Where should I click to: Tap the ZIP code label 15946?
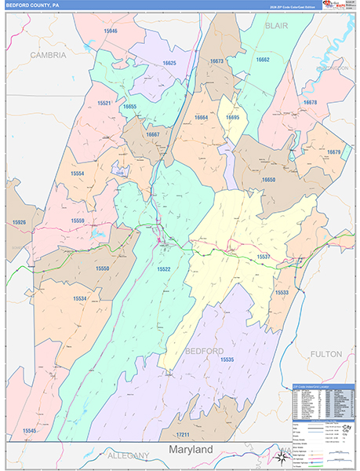pyautogui.click(x=109, y=31)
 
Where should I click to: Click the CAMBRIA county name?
pyautogui.click(x=49, y=56)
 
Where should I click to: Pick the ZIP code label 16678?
pyautogui.click(x=309, y=103)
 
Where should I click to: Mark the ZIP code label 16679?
pyautogui.click(x=334, y=152)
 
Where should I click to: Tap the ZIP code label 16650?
pyautogui.click(x=269, y=180)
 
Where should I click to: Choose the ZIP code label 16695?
pyautogui.click(x=233, y=117)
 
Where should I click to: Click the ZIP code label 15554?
pyautogui.click(x=77, y=173)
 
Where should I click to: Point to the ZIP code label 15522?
pyautogui.click(x=163, y=269)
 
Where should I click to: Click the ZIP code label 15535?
pyautogui.click(x=227, y=359)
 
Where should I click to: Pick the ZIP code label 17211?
pyautogui.click(x=183, y=434)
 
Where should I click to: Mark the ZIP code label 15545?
pyautogui.click(x=30, y=431)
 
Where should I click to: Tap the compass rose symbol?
pyautogui.click(x=281, y=456)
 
